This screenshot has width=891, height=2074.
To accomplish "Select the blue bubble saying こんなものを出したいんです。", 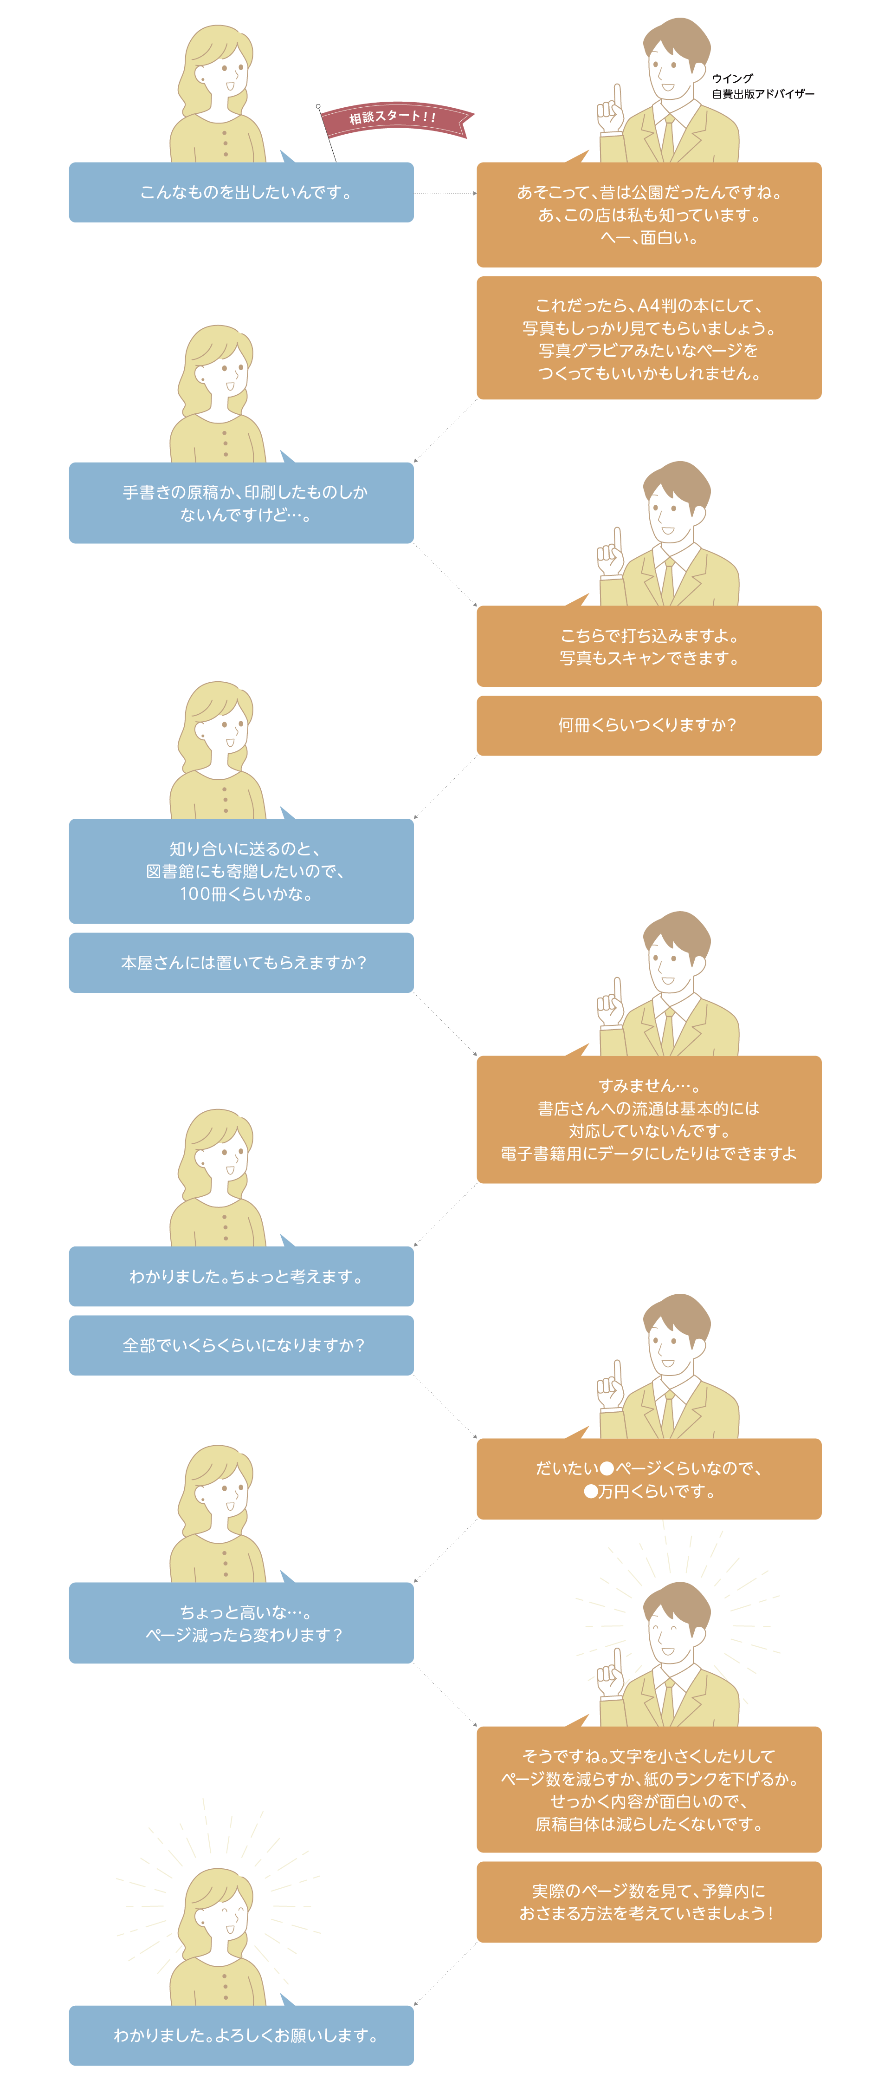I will [241, 192].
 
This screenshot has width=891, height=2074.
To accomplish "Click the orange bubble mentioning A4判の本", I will [649, 338].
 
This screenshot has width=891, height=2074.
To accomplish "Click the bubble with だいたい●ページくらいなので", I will [649, 1479].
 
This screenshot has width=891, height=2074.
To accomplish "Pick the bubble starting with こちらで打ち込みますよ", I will [649, 646].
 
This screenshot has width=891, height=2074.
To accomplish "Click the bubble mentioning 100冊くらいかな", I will [241, 871].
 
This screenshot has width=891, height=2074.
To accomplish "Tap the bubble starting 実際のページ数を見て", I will [649, 1902].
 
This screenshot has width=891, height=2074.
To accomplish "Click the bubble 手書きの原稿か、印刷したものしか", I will [241, 503].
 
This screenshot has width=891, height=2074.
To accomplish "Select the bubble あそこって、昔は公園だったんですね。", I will [649, 215].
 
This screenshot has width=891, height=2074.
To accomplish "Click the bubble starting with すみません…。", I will [649, 1119].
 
